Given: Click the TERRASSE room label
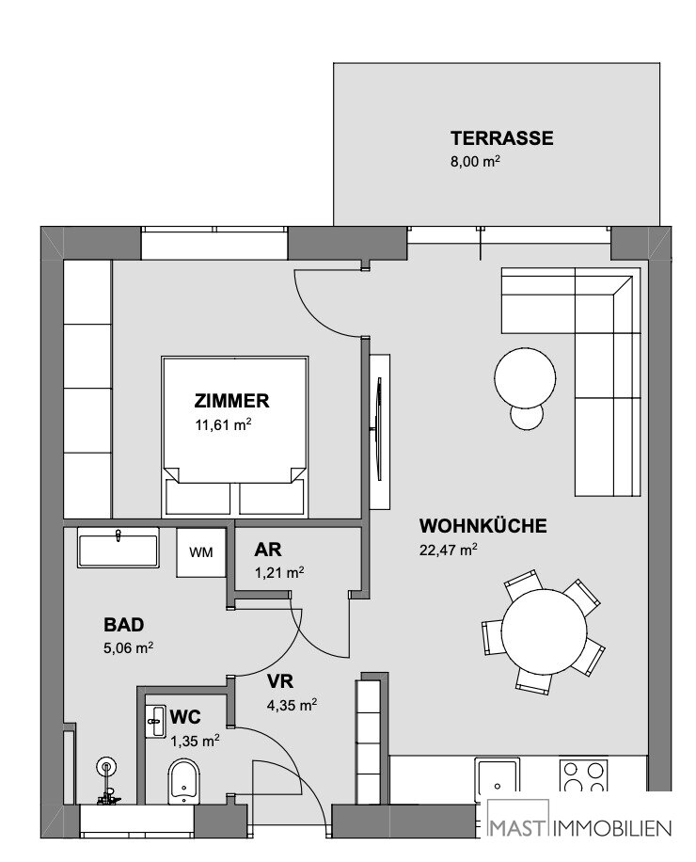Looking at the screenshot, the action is (x=501, y=138).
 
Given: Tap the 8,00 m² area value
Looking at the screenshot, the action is (x=475, y=162).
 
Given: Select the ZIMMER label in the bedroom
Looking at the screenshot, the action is (x=231, y=401).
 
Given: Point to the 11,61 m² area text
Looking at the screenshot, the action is (x=223, y=425).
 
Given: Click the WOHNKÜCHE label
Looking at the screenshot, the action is (x=482, y=525).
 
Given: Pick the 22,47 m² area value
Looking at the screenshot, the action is (x=449, y=550).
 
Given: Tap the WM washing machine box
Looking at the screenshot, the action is (x=201, y=552).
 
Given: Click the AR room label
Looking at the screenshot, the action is (x=268, y=550).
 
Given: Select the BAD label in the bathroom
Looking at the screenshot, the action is (x=123, y=625).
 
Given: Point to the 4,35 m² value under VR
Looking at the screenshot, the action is (x=292, y=705).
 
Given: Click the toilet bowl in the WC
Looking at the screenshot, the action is (x=183, y=781).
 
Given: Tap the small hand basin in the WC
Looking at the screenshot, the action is (x=155, y=722).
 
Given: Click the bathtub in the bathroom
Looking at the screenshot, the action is (x=119, y=548).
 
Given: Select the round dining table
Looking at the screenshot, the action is (x=544, y=628).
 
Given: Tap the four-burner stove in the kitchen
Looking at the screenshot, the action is (x=584, y=776).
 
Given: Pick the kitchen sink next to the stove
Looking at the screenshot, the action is (x=498, y=777).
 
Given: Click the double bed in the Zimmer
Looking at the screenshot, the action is (x=234, y=437).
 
